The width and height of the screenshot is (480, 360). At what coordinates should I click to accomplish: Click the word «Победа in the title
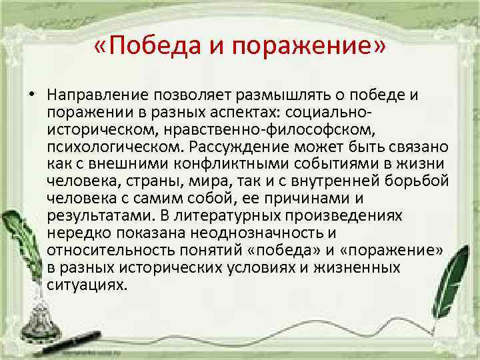pyautogui.click(x=144, y=48)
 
